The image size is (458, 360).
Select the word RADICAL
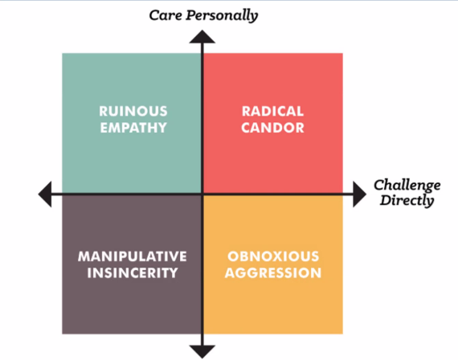pos(272,110)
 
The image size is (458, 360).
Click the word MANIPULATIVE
pos(132,256)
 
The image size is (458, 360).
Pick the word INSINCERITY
pos(132,272)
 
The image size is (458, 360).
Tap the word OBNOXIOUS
pos(272,256)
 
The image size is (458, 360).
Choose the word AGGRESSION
pos(272,272)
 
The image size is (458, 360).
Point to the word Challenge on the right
pos(406,186)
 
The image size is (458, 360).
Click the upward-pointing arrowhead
pos(202,36)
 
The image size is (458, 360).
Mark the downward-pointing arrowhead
pos(202,348)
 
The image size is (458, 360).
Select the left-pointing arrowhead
pos(47,194)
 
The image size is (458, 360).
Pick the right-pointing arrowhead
pos(359,194)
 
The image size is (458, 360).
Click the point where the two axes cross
pos(202,194)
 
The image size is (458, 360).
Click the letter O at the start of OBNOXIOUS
pos(233,256)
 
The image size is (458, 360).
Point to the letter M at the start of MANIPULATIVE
pos(84,256)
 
